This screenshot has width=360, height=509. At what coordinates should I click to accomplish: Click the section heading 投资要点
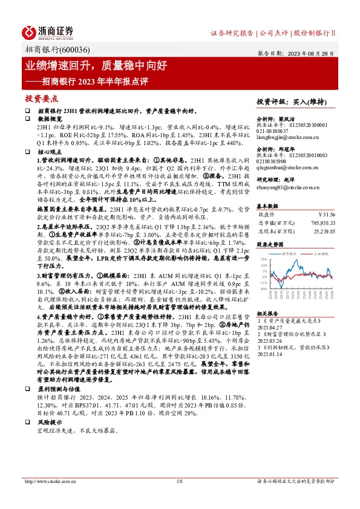click(41, 98)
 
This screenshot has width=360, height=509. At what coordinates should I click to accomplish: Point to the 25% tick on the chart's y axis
click(263, 259)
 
